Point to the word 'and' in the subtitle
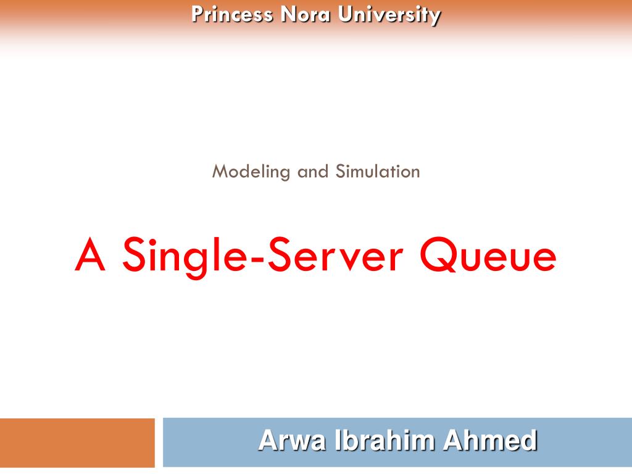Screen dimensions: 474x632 (313, 172)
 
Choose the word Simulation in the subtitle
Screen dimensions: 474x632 (378, 172)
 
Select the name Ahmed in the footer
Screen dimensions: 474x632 (490, 441)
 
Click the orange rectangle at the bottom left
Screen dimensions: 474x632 (77, 443)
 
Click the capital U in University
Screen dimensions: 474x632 (343, 14)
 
